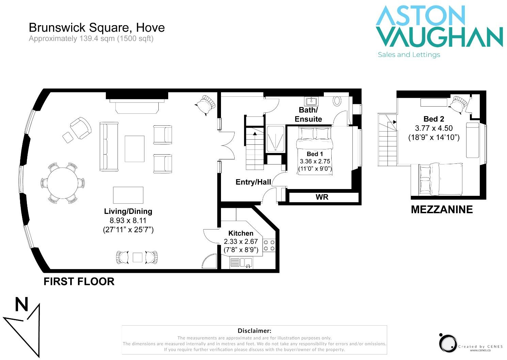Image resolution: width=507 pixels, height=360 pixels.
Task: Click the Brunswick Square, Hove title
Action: point(97,28)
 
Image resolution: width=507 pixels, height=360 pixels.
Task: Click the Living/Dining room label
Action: point(128,212)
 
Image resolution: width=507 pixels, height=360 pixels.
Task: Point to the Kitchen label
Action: point(241,233)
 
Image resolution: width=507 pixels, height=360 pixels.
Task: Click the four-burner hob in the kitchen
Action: point(269,246)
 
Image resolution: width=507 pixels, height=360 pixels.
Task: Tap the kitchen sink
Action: point(246,263)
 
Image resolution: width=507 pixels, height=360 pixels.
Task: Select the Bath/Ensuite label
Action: point(308,114)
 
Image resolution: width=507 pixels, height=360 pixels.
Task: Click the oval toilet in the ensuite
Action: point(337,101)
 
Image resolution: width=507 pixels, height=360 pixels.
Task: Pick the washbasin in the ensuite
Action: point(311,101)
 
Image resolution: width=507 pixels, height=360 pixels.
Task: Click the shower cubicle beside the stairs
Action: point(275,139)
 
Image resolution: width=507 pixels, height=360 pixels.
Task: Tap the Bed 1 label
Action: point(315,154)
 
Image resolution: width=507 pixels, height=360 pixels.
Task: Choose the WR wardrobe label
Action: point(322,197)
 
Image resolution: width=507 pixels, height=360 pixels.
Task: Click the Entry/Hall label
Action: point(253,182)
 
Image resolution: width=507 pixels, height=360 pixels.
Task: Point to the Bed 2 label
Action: point(433,119)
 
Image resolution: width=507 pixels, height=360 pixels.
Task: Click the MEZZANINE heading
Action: point(442,209)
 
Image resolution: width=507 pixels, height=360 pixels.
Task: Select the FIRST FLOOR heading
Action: point(79,282)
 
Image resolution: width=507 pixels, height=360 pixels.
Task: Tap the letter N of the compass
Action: point(21,304)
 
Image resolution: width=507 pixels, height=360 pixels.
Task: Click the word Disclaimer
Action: point(254,331)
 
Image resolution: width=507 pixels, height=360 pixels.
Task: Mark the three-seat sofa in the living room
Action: point(109,147)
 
